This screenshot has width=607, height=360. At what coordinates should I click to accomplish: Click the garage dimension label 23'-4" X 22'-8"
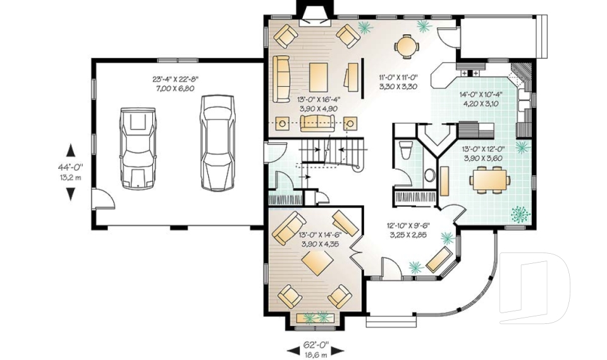coord(175,79)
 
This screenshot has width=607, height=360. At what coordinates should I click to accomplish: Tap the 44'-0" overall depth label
coord(70,168)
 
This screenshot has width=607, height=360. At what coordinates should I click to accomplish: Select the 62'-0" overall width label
coord(316,344)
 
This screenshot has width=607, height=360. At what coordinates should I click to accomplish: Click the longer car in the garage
coord(218,143)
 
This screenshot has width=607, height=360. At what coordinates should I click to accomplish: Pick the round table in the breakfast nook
coord(407,46)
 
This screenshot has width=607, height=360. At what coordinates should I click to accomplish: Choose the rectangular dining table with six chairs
coord(489,180)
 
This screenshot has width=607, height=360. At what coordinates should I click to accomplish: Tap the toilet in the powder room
coord(406,151)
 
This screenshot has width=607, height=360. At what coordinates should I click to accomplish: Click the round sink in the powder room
coord(430,175)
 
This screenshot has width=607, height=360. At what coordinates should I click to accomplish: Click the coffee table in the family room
coord(319,77)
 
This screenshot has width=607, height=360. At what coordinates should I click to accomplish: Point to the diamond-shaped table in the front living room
coord(318,263)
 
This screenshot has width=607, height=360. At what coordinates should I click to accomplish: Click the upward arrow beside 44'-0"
coord(70,150)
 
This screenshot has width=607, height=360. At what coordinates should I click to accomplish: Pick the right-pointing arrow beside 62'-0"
coord(338,351)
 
